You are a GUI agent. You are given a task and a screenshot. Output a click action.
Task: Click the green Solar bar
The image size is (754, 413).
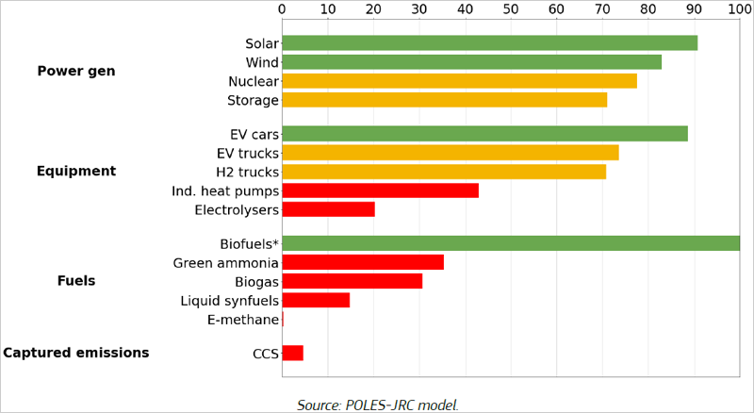pyautogui.click(x=489, y=43)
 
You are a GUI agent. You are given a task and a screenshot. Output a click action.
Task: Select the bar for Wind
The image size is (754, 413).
pyautogui.click(x=471, y=62)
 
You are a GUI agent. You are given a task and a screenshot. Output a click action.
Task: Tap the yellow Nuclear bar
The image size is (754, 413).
pyautogui.click(x=459, y=81)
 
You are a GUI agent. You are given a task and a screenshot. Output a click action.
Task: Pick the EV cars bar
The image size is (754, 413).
pyautogui.click(x=484, y=134)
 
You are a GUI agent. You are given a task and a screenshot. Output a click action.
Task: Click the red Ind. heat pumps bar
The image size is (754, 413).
pyautogui.click(x=380, y=190)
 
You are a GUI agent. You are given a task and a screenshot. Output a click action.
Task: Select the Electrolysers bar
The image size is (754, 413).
pyautogui.click(x=328, y=209)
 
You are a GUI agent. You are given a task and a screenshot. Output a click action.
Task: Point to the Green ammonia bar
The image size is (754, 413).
pyautogui.click(x=362, y=262)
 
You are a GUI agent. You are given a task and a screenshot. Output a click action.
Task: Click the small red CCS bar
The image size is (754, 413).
pyautogui.click(x=292, y=353)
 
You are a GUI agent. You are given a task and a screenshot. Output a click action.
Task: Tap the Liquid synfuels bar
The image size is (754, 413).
pyautogui.click(x=316, y=300)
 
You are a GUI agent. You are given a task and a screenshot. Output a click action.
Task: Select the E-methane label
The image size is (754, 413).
pyautogui.click(x=242, y=320)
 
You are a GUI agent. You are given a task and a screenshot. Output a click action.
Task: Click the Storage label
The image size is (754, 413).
pyautogui.click(x=253, y=101)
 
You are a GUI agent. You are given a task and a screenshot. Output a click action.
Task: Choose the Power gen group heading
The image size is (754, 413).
pyautogui.click(x=76, y=72)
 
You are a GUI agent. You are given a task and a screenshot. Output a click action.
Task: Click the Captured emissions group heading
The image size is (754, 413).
pyautogui.click(x=76, y=353)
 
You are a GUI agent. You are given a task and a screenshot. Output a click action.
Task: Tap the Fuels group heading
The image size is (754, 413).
pyautogui.click(x=76, y=281)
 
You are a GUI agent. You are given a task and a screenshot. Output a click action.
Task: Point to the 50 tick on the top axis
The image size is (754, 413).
pyautogui.click(x=511, y=9)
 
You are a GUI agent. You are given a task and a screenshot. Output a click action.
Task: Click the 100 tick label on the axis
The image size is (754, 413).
pyautogui.click(x=740, y=9)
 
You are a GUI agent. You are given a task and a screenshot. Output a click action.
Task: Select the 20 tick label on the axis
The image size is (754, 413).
pyautogui.click(x=373, y=9)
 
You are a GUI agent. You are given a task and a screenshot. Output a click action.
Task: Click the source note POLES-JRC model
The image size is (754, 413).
pyautogui.click(x=378, y=405)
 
